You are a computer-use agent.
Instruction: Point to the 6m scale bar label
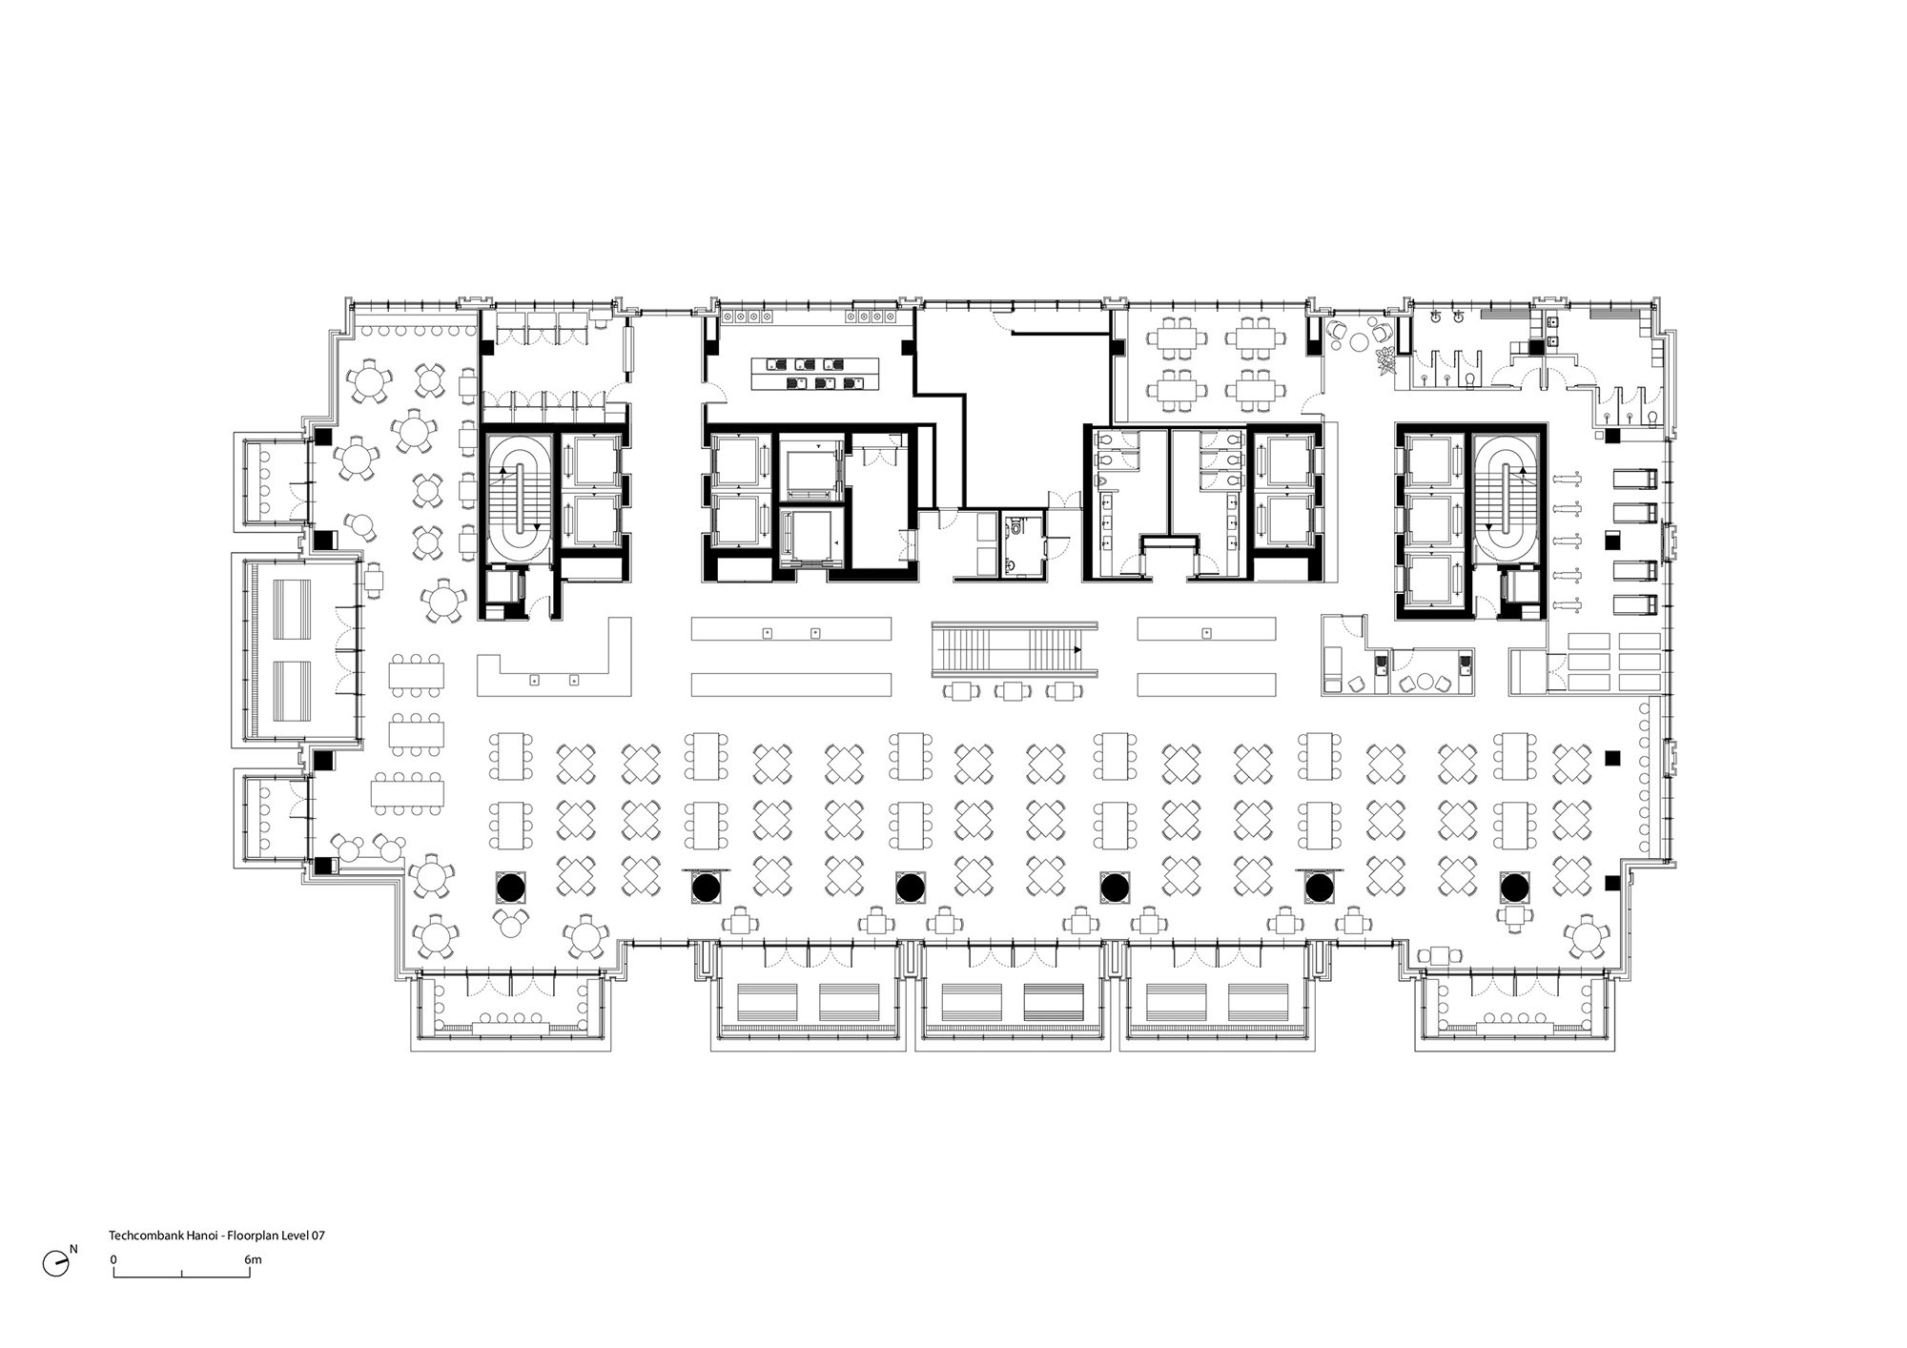(253, 1259)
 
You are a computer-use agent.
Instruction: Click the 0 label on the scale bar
(113, 1259)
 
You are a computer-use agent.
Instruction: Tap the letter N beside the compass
(73, 1249)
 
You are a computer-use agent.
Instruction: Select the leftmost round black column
(510, 888)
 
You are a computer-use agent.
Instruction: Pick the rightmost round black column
(1514, 888)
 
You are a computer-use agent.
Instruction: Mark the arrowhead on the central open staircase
(1077, 649)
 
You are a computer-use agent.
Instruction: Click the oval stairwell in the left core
(520, 494)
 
